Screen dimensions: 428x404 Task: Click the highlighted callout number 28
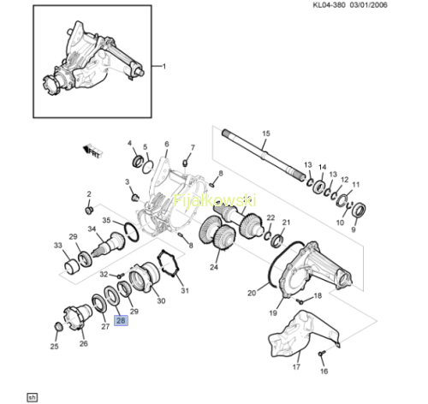click(121, 320)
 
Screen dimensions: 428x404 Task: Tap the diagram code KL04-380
click(329, 5)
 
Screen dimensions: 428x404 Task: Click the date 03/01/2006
click(368, 5)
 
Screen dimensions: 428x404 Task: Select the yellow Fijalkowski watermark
click(215, 200)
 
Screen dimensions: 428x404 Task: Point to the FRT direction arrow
click(92, 151)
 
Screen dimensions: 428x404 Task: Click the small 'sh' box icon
click(33, 397)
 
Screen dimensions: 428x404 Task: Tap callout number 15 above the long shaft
click(266, 134)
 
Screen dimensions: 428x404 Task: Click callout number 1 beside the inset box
click(164, 66)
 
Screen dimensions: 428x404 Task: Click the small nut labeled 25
click(58, 327)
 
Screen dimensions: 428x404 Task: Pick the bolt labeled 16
click(321, 353)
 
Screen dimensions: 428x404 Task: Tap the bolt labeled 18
click(300, 300)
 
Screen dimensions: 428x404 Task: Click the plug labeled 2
click(90, 211)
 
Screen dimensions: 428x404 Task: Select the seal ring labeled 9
click(359, 210)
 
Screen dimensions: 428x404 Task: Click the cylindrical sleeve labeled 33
click(71, 267)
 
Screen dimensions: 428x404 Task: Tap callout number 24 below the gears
click(214, 267)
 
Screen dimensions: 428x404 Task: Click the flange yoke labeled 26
click(77, 317)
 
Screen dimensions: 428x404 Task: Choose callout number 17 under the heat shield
click(296, 366)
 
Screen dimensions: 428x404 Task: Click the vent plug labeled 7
click(185, 163)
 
